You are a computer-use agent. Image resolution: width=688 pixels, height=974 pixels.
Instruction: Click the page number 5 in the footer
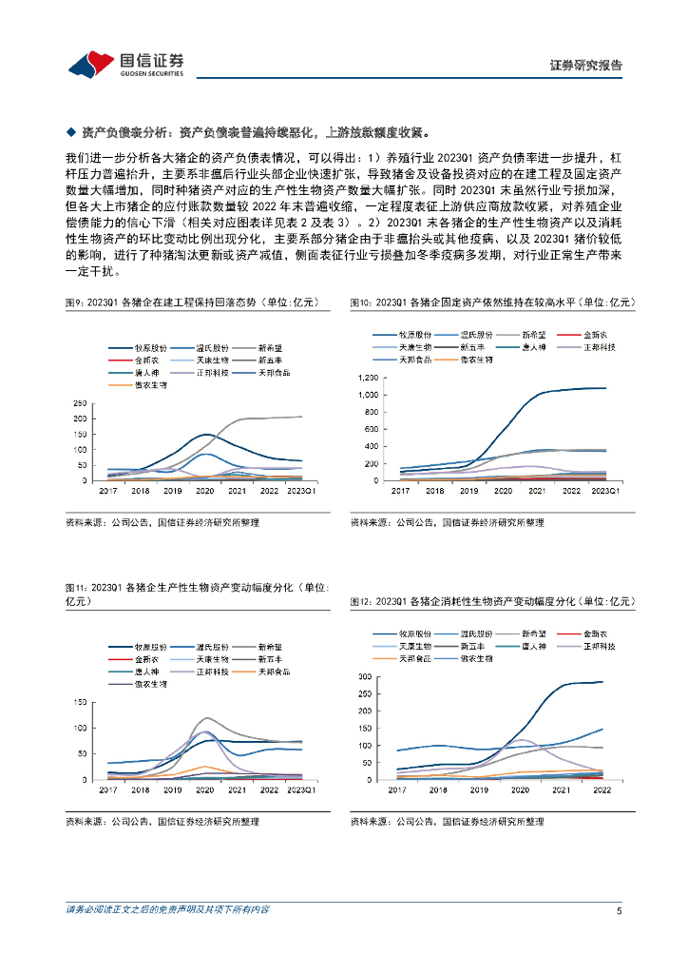click(x=619, y=910)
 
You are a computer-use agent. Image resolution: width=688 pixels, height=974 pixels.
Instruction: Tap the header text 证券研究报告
click(x=586, y=66)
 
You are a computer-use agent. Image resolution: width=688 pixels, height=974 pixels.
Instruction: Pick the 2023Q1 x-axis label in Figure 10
click(x=605, y=490)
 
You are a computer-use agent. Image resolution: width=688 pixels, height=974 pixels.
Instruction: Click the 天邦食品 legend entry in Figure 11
click(x=271, y=671)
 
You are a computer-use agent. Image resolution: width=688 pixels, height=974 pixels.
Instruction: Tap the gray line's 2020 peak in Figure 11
click(x=206, y=718)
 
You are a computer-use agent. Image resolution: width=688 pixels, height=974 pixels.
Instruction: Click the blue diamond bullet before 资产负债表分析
click(x=70, y=132)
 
